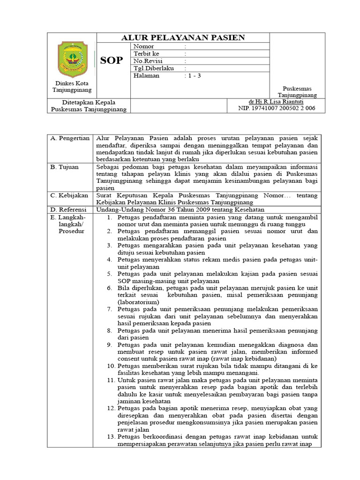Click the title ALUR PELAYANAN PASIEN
(x=183, y=38)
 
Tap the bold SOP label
(x=112, y=60)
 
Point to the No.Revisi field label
(x=148, y=61)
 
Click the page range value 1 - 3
(x=193, y=75)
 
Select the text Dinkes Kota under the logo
(x=72, y=83)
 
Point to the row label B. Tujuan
(x=65, y=166)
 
